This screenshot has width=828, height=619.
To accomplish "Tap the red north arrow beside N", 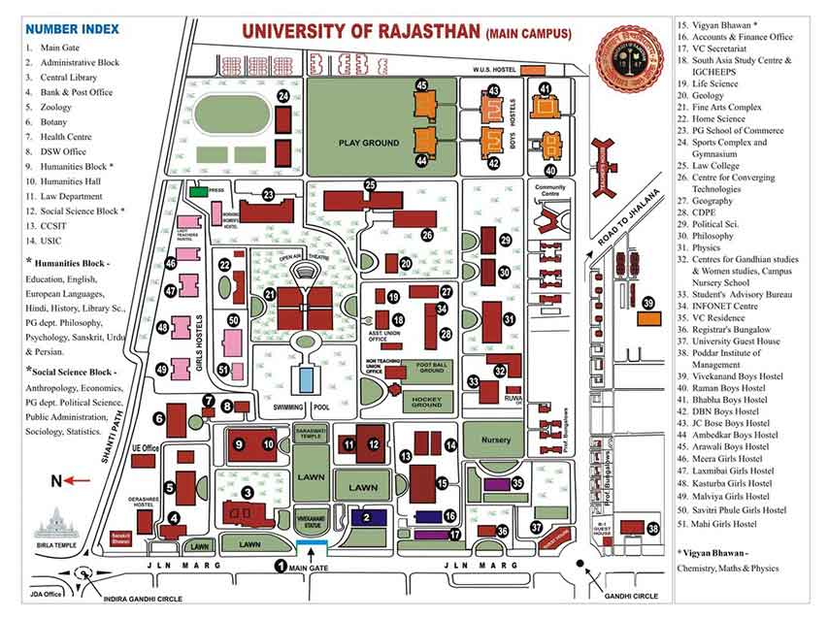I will pos(79,480).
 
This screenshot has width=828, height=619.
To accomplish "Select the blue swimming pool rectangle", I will pos(306,379).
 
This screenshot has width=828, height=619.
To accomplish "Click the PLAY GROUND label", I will pos(369,143).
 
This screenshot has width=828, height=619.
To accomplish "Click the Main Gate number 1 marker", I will pos(282,566).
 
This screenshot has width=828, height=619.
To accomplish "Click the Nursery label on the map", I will pos(495,440).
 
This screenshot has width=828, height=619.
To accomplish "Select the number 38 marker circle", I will pos(652,529).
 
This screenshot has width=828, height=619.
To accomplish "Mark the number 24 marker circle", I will pos(283,97).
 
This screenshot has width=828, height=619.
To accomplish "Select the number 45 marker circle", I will pos(421,86).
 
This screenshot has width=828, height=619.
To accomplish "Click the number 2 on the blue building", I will pos(367,518).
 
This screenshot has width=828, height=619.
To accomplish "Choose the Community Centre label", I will pos(550,189).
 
